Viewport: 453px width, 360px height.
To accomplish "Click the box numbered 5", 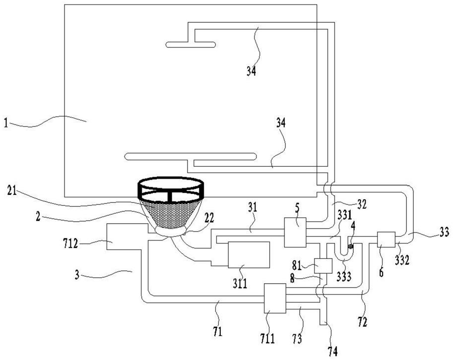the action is pyautogui.click(x=295, y=233).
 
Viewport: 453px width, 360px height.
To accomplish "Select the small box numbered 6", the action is pyautogui.click(x=386, y=240).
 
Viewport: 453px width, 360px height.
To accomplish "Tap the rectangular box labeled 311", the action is pyautogui.click(x=249, y=254).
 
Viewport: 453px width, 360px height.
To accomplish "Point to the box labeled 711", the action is pyautogui.click(x=275, y=298).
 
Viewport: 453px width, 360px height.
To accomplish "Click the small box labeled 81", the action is pyautogui.click(x=323, y=266).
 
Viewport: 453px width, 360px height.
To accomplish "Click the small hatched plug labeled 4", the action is pyautogui.click(x=351, y=246).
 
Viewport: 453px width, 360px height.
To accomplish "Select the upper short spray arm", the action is pyautogui.click(x=191, y=45).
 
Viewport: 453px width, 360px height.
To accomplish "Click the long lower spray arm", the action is pyautogui.click(x=191, y=156).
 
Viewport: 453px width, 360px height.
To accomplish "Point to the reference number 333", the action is pyautogui.click(x=344, y=277).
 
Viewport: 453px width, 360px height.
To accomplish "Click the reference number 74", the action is pyautogui.click(x=332, y=352).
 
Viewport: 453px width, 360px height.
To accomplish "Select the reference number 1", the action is pyautogui.click(x=6, y=123).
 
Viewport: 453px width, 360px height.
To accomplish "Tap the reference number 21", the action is pyautogui.click(x=12, y=190).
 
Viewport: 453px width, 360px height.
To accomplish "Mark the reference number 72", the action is pyautogui.click(x=362, y=322).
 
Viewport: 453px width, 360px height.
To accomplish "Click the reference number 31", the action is pyautogui.click(x=253, y=207).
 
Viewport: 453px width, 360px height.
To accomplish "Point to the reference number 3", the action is pyautogui.click(x=77, y=275).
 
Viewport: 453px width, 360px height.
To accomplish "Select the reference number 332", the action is pyautogui.click(x=402, y=260).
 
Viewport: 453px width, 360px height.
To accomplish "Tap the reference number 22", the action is pyautogui.click(x=209, y=218).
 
